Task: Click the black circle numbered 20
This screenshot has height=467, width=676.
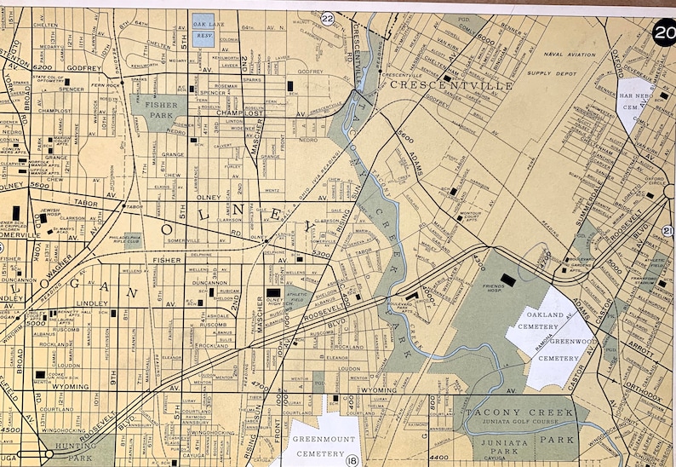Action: coord(663,33)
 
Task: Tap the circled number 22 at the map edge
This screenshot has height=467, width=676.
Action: coord(328,18)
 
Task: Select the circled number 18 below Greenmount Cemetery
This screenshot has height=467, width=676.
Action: coord(352,461)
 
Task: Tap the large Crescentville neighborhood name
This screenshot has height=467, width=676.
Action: coord(451,86)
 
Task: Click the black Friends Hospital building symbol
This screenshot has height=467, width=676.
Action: coord(508,279)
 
